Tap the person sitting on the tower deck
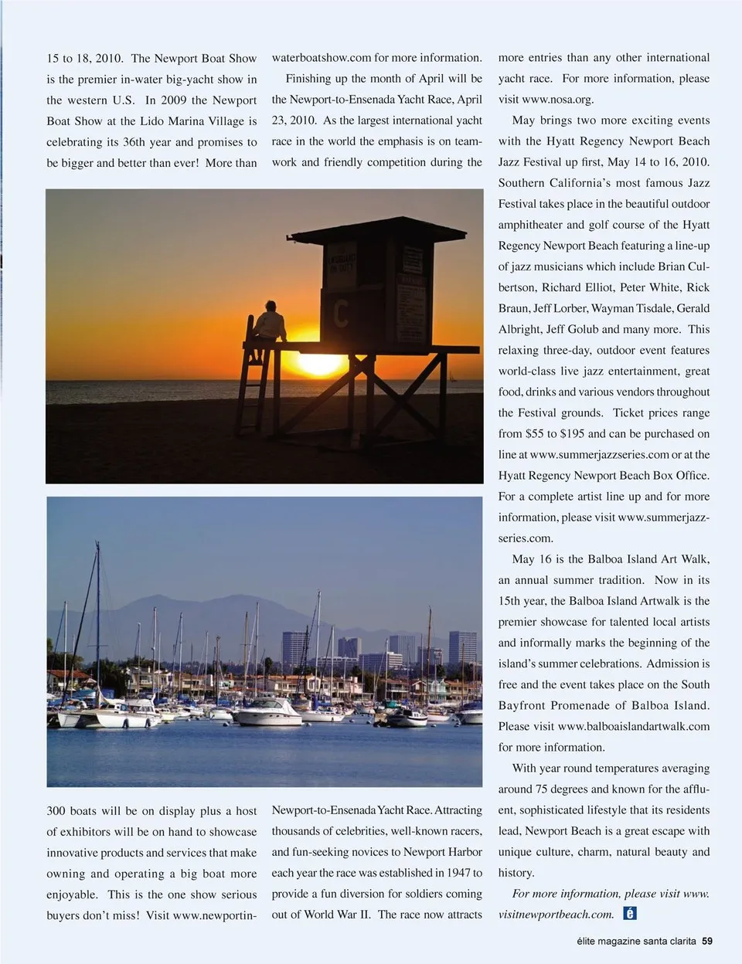(270, 321)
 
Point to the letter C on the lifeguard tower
(340, 312)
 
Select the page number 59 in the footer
(706, 942)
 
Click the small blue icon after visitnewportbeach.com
(630, 914)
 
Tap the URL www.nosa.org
(557, 100)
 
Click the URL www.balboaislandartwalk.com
(633, 726)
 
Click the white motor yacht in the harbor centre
(267, 712)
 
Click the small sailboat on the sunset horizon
(452, 377)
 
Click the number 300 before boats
(56, 811)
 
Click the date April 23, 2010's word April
(469, 100)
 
